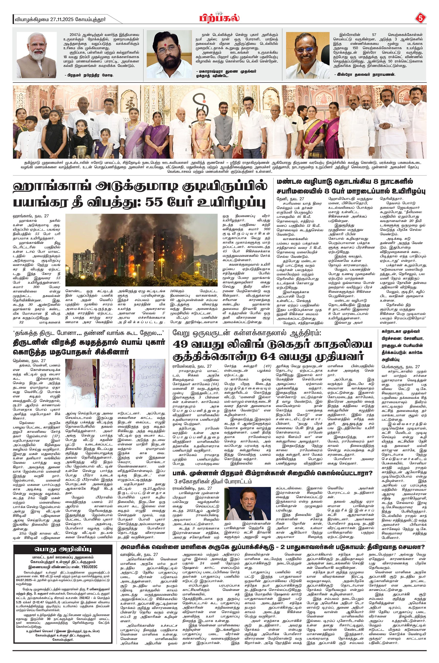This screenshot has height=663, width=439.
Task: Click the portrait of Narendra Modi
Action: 37,55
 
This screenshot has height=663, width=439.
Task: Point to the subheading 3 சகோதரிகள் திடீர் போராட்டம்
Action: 213,482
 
